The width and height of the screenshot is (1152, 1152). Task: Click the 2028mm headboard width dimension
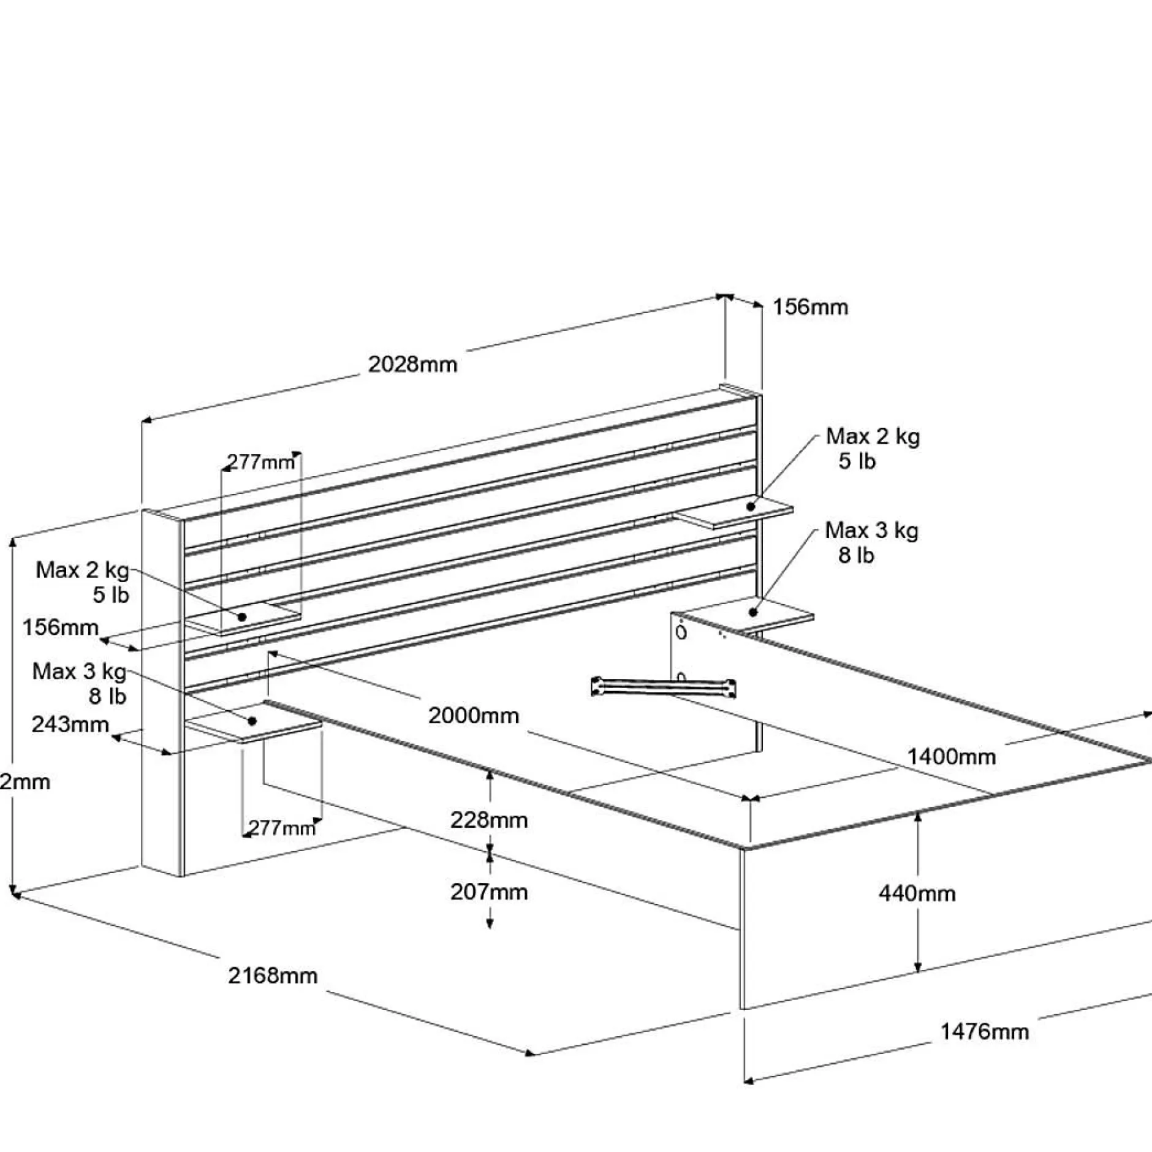412,365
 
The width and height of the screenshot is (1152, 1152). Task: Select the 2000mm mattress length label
473,715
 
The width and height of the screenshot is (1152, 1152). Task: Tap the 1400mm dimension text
951,757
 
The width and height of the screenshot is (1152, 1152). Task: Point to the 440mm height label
917,893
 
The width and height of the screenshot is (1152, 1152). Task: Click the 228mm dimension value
489,820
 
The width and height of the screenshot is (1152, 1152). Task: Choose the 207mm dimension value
489,892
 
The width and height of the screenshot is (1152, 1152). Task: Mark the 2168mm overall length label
273,975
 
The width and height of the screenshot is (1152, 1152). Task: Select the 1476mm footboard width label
984,1031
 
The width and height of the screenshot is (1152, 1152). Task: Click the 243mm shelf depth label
70,724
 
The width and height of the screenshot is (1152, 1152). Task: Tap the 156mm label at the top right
810,307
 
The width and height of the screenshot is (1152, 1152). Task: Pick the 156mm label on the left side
60,627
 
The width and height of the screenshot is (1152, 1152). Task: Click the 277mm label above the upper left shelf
261,461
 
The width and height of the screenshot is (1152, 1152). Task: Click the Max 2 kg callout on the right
873,437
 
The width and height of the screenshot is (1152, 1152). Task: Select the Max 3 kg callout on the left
79,672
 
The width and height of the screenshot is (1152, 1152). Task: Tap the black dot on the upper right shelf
751,507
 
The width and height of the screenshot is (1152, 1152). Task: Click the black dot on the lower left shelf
252,722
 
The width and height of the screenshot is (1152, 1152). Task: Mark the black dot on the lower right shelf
753,612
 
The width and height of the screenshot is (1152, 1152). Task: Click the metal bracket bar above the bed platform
663,687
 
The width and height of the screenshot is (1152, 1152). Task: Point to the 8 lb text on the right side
856,556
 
